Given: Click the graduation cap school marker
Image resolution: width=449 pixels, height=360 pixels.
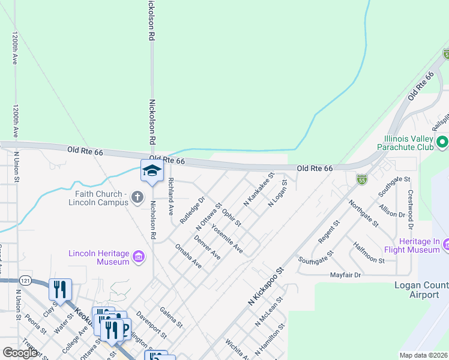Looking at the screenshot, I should coord(152,171).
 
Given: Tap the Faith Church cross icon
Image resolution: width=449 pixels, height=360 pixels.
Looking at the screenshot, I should coord(137,197).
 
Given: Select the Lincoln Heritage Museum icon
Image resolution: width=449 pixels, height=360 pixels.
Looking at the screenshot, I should coord(139,257).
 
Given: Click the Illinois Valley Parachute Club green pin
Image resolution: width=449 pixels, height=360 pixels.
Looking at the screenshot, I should coord(442,142).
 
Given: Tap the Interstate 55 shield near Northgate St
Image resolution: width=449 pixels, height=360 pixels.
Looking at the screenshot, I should coord(361,178).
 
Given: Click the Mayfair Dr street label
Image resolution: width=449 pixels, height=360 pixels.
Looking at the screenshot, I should coord(345,275).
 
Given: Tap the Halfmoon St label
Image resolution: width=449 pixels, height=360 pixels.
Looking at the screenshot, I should coord(369,252).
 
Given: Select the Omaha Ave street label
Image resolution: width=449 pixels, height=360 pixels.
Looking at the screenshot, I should coord(188,255).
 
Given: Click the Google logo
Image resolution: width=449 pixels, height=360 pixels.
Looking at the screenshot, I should coord(20,353).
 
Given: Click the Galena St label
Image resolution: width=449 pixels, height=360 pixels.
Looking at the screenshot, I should coord(172,317).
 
